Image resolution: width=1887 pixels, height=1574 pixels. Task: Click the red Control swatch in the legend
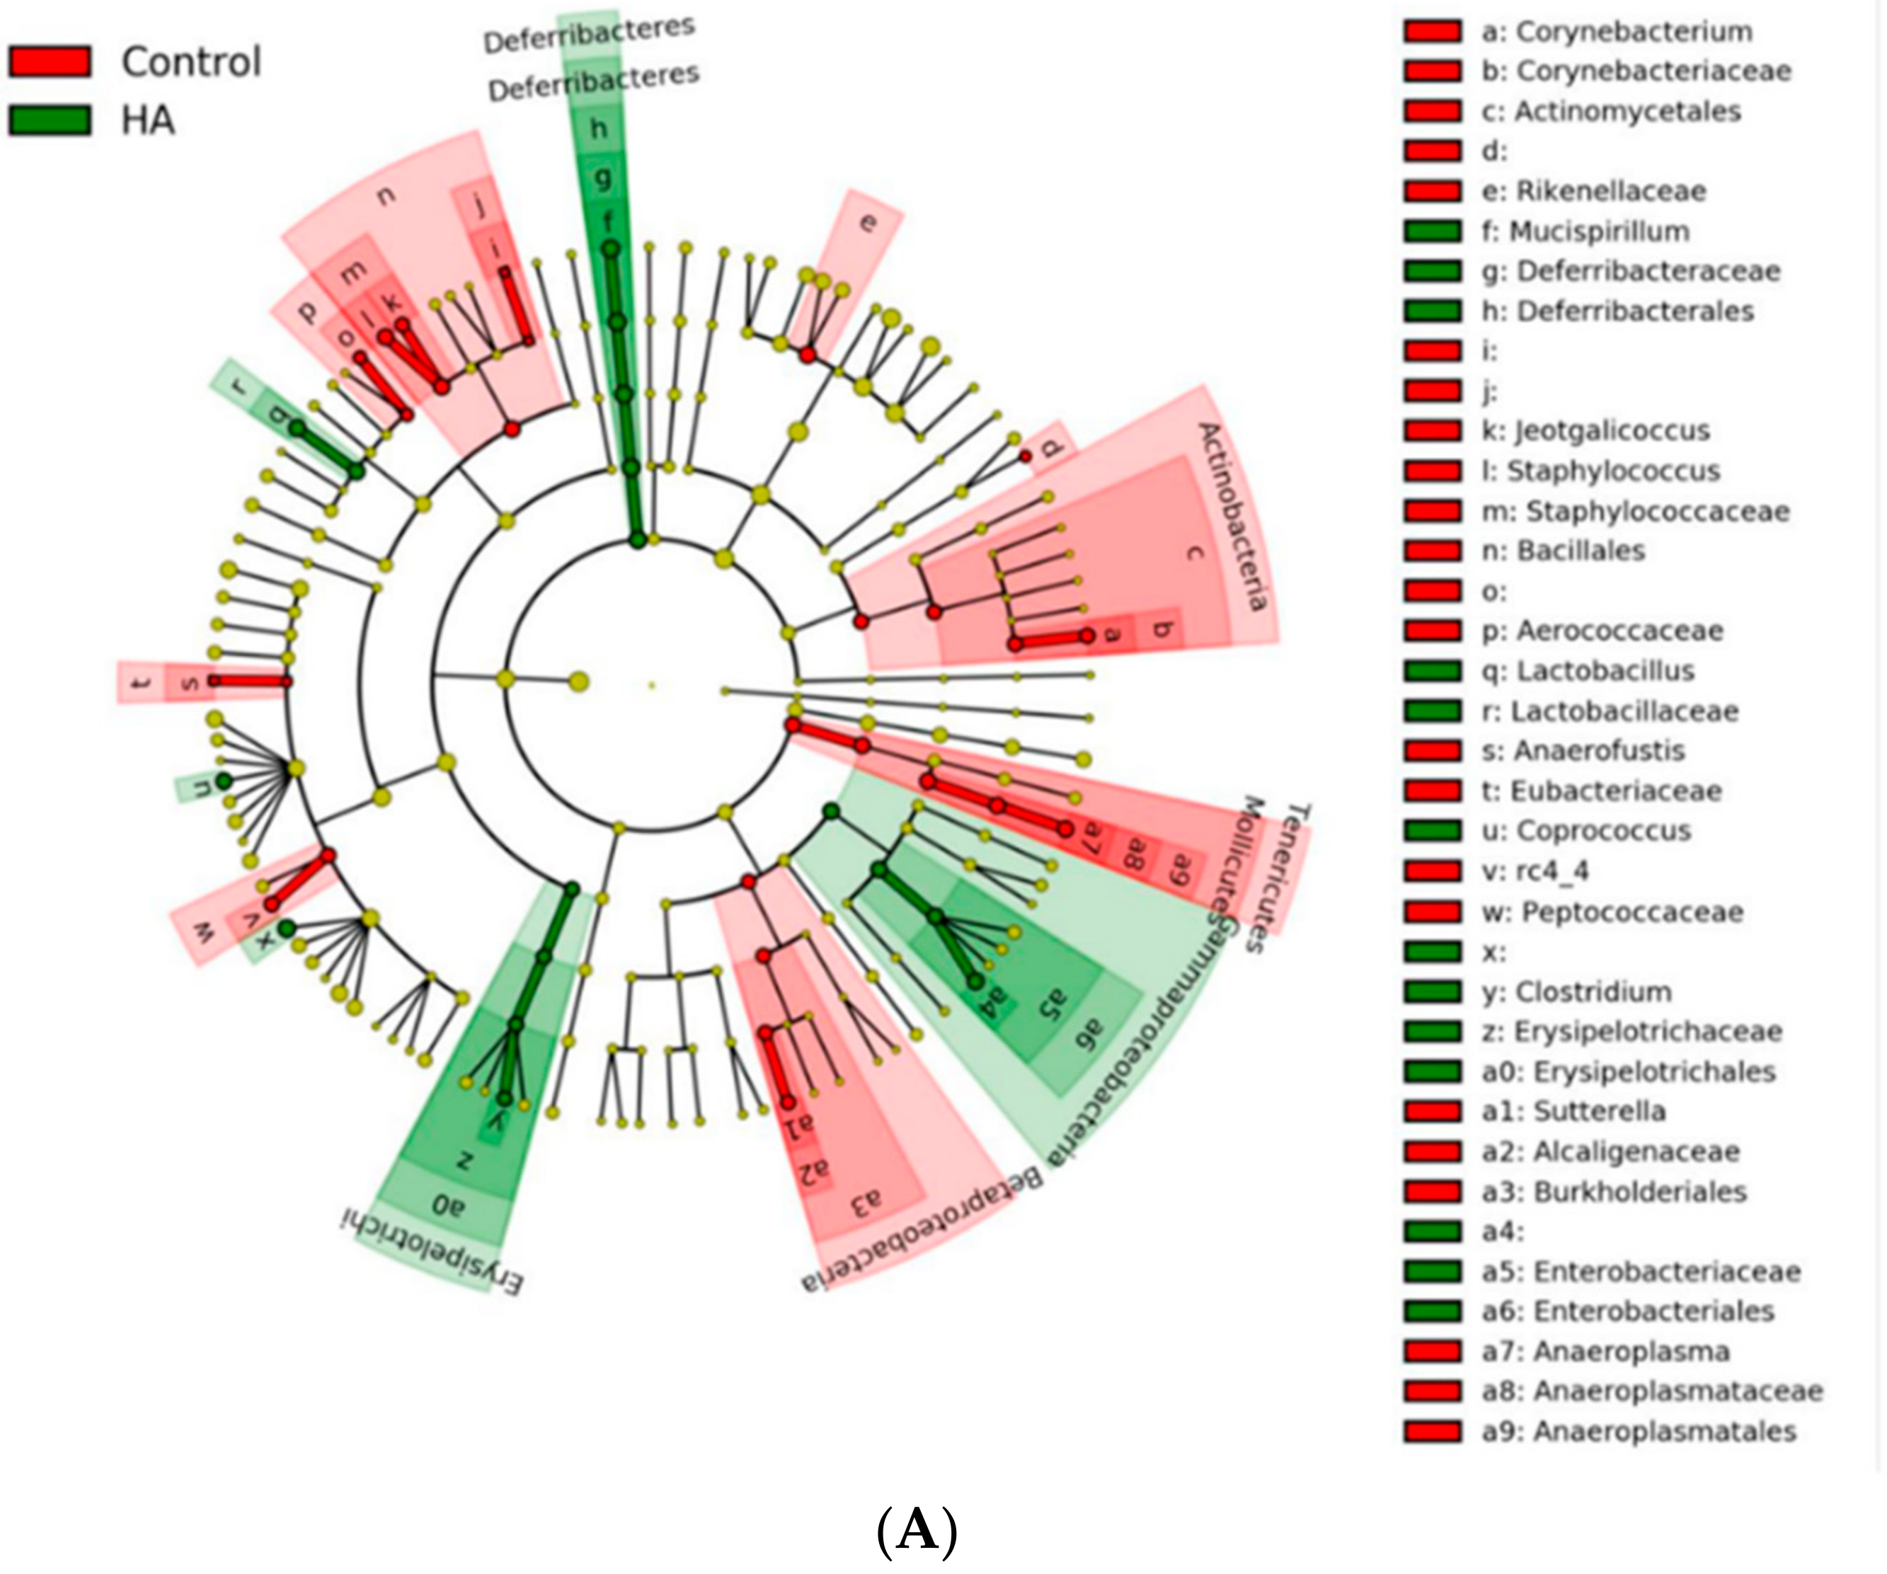click(x=50, y=61)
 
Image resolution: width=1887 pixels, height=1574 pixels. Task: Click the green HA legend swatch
click(x=50, y=120)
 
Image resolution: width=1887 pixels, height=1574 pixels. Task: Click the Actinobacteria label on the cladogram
click(x=1234, y=517)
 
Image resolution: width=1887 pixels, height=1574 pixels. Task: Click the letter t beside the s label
click(x=139, y=684)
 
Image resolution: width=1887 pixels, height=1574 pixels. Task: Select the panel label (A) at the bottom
click(x=916, y=1529)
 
